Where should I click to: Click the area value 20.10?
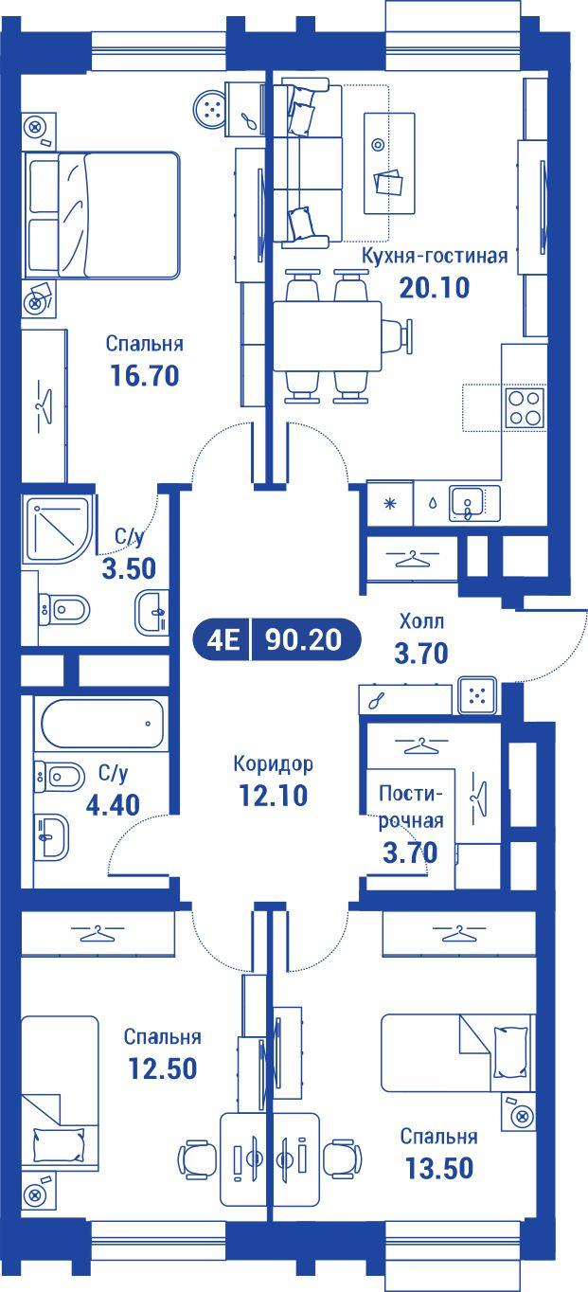click(435, 287)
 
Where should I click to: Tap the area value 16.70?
click(144, 375)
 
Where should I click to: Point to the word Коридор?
click(273, 763)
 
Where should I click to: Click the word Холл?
click(420, 622)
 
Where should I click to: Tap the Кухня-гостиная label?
click(435, 256)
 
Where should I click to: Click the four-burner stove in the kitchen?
click(524, 408)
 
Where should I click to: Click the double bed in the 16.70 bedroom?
click(103, 215)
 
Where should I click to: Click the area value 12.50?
click(163, 1068)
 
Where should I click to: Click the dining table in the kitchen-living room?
click(328, 336)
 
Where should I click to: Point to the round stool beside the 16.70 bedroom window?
click(213, 109)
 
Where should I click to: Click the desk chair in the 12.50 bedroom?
click(198, 1158)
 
